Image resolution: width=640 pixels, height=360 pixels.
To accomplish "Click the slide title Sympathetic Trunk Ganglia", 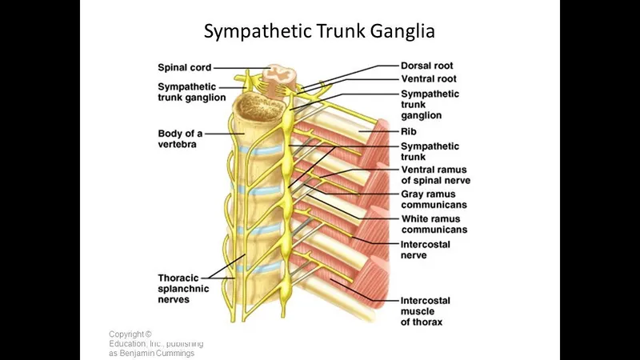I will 319,32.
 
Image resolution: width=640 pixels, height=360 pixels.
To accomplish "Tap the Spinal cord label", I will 185,68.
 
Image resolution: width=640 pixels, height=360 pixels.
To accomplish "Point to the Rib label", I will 409,131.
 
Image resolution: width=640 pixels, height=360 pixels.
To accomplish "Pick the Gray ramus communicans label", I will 434,199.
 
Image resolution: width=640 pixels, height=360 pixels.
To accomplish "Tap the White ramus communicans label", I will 434,224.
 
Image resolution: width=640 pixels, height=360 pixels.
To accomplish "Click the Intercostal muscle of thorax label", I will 426,311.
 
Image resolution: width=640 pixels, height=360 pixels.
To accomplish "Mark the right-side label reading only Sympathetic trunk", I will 430,151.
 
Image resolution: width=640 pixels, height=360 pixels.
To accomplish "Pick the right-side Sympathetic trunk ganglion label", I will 430,104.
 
